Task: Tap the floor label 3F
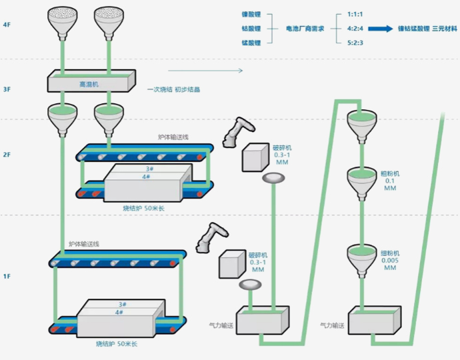(x=7, y=89)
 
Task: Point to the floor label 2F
(x=7, y=155)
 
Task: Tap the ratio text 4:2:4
(x=355, y=29)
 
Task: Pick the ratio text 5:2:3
(x=355, y=43)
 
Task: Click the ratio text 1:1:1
(x=355, y=14)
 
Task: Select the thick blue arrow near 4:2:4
(x=381, y=29)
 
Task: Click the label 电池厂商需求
(x=305, y=29)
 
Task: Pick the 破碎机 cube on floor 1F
(x=231, y=263)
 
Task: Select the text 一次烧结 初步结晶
(x=174, y=89)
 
